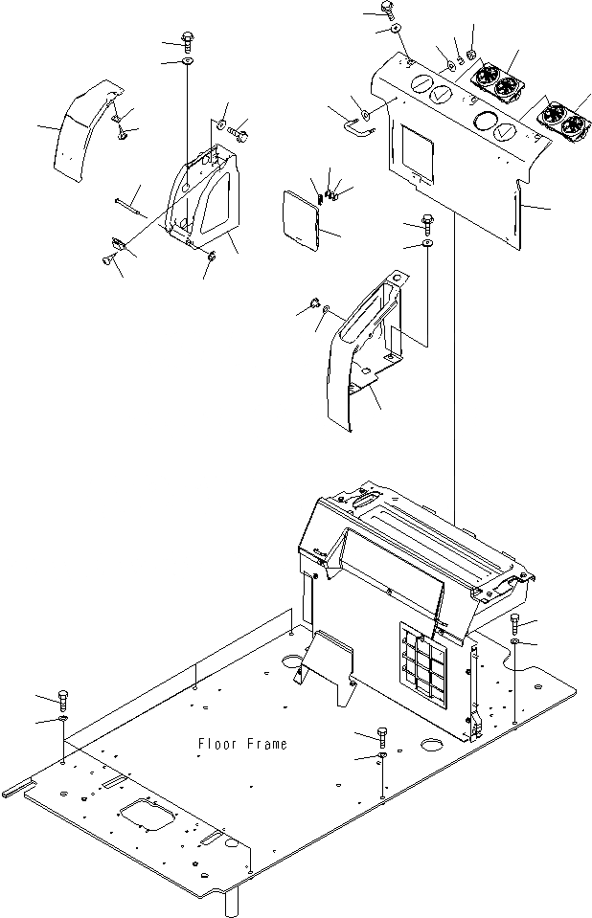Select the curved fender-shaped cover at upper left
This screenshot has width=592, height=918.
pyautogui.click(x=84, y=128)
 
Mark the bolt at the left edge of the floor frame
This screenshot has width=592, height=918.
pyautogui.click(x=64, y=696)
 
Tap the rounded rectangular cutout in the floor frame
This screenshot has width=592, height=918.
pyautogui.click(x=148, y=820)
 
